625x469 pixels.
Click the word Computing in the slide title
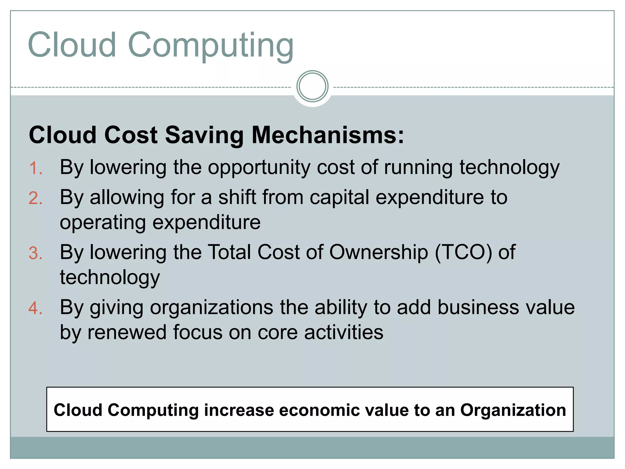[x=211, y=46]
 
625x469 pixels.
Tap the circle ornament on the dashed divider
[x=312, y=86]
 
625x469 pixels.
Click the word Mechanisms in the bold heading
[x=328, y=135]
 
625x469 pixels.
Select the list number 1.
[x=35, y=168]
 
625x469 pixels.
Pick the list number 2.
[x=35, y=198]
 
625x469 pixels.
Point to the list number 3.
[x=35, y=253]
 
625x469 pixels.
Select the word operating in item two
[x=103, y=223]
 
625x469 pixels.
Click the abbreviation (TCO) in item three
[x=463, y=253]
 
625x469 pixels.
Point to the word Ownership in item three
[x=378, y=253]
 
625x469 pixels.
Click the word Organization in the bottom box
[x=513, y=410]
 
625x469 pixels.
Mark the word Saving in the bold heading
[x=204, y=135]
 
